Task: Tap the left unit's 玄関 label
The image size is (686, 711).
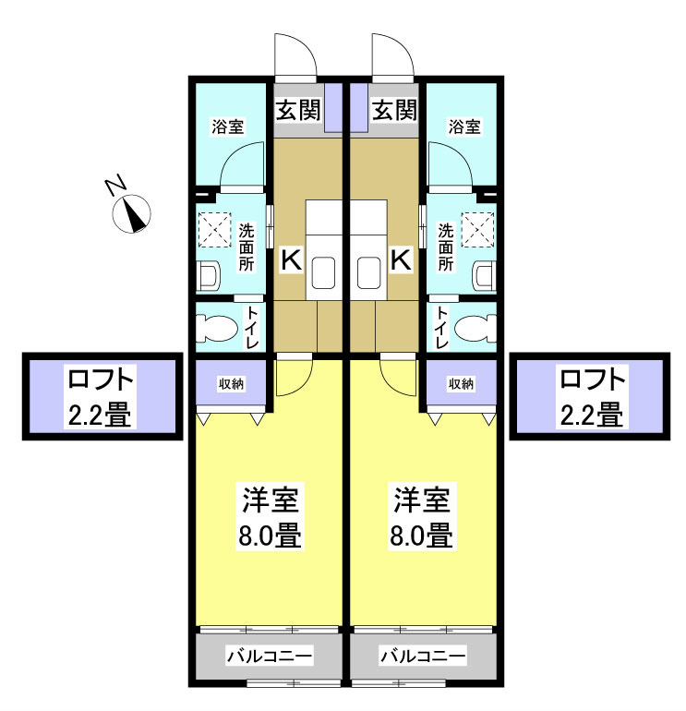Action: pos(298,112)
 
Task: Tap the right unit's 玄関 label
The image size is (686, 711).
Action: pos(394,112)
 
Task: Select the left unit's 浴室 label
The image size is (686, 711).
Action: pos(229,127)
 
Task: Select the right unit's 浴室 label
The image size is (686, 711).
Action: pos(464,127)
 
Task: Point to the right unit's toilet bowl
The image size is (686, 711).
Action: pos(474,328)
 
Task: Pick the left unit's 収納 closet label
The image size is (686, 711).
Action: pos(232,383)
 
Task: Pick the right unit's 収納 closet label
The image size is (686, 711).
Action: pos(461,383)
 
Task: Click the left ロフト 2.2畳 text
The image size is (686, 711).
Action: pos(101,397)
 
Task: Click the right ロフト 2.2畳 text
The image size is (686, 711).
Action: pos(592,397)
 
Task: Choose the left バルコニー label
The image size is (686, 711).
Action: pos(271,657)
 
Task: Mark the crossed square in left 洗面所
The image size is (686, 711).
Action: pos(214,230)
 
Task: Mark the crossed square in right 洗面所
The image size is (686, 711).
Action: pos(479,230)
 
